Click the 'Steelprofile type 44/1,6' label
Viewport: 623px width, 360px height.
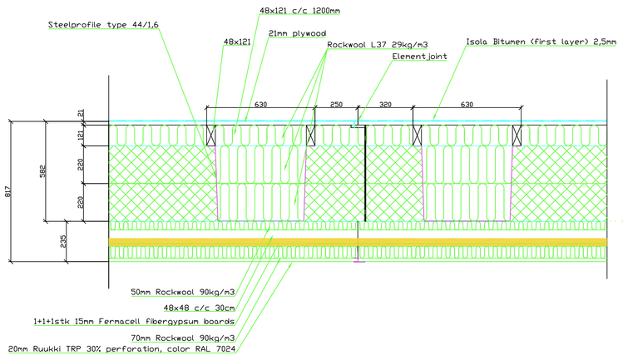103,26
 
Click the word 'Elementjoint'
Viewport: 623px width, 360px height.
420,57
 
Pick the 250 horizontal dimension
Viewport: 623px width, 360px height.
335,106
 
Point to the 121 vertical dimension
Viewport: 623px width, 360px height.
82,135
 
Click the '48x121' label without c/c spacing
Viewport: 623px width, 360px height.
236,40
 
